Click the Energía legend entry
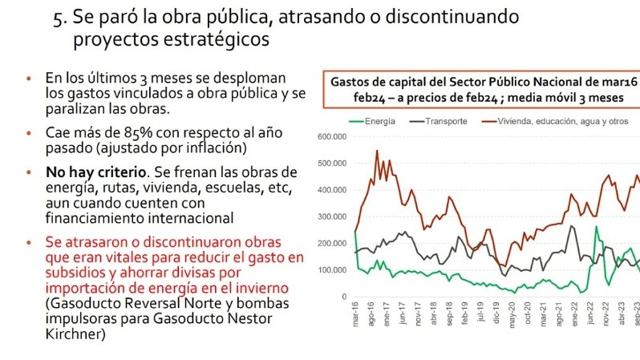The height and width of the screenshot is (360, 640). (377, 120)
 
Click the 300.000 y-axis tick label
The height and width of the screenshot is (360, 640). (332, 216)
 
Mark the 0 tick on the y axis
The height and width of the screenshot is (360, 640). (342, 297)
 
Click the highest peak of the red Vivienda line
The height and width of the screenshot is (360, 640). (377, 151)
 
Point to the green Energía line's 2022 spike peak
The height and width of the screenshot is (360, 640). (596, 227)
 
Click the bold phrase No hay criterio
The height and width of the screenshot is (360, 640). (90, 172)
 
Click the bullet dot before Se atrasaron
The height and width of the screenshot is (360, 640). (30, 242)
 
